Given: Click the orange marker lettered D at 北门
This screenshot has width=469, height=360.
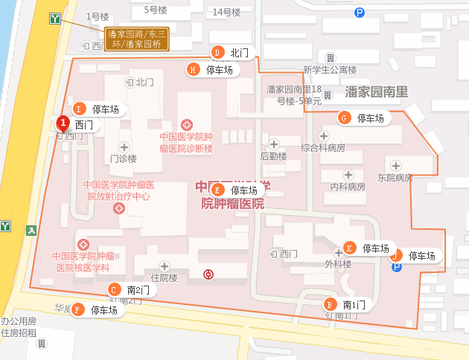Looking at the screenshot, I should pyautogui.click(x=217, y=53).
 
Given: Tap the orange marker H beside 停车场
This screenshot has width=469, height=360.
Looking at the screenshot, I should pyautogui.click(x=193, y=70).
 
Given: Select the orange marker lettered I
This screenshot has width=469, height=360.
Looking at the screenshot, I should pyautogui.click(x=78, y=109).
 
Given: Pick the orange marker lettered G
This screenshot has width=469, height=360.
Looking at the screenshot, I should pyautogui.click(x=344, y=118).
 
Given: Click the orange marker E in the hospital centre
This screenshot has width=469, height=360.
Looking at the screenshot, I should pyautogui.click(x=217, y=190).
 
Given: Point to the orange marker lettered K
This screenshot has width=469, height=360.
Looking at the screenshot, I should pyautogui.click(x=349, y=248).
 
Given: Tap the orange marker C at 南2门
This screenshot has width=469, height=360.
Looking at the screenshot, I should pyautogui.click(x=113, y=289).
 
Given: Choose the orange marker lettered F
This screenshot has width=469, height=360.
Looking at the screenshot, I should pyautogui.click(x=77, y=309).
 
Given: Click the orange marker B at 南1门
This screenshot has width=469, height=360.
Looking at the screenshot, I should pyautogui.click(x=329, y=304).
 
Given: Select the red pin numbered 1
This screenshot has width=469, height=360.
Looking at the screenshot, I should pyautogui.click(x=63, y=123).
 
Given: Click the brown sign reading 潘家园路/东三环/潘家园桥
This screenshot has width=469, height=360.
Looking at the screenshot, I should pyautogui.click(x=137, y=39).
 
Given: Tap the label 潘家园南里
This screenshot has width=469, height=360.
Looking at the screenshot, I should pyautogui.click(x=377, y=92).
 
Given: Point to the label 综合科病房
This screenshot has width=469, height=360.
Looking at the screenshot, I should pyautogui.click(x=323, y=148).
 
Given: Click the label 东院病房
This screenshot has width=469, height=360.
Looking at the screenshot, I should pyautogui.click(x=395, y=178).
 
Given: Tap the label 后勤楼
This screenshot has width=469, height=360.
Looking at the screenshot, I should pyautogui.click(x=273, y=156).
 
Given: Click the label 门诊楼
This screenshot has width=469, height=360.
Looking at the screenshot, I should pyautogui.click(x=124, y=158).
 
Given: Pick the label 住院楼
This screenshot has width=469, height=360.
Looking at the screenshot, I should pyautogui.click(x=164, y=277).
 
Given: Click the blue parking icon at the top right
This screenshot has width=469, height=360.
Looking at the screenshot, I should pyautogui.click(x=360, y=13).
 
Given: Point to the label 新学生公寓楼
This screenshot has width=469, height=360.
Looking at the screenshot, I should pyautogui.click(x=330, y=71).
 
